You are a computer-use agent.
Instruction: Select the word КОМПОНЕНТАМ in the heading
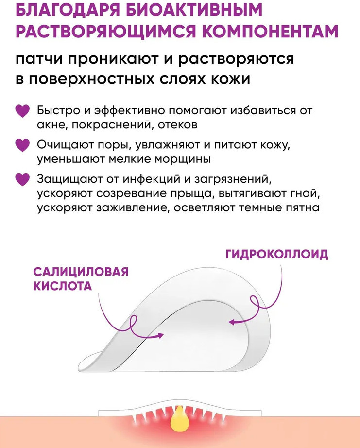[x=271, y=31]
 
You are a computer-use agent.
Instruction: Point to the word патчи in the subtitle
[x=40, y=59]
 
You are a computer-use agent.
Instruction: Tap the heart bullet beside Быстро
[x=22, y=111]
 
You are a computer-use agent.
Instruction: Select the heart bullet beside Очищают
[x=22, y=145]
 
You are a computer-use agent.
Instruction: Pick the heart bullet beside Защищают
[x=22, y=180]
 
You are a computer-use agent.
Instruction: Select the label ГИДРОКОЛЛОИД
[x=277, y=254]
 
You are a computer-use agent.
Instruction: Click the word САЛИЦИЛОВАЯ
[x=81, y=272]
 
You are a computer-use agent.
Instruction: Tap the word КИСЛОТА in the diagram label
[x=63, y=286]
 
